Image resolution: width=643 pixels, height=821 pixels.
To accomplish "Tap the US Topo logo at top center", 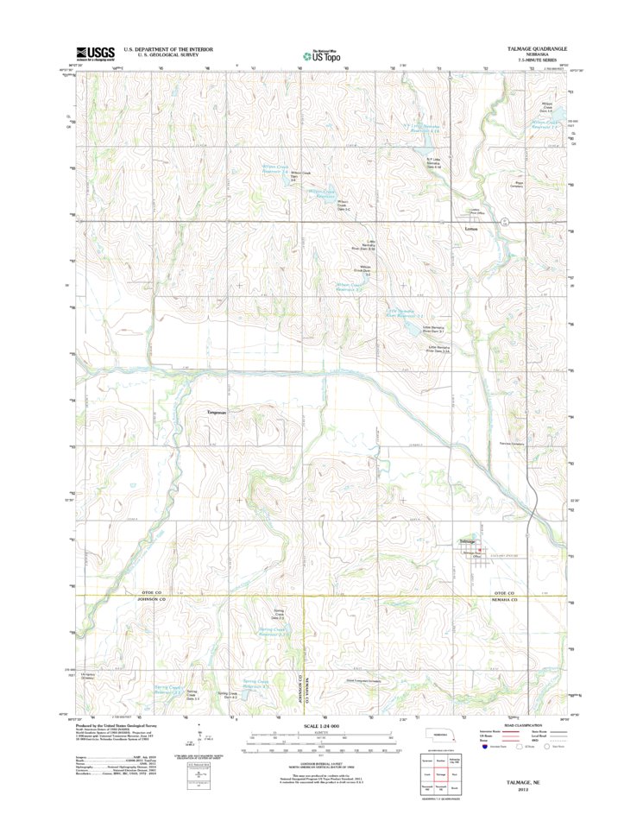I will [x=320, y=54].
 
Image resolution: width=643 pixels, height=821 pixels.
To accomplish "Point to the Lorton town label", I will [x=470, y=229].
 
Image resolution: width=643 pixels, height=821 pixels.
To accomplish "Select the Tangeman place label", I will [x=216, y=413].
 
